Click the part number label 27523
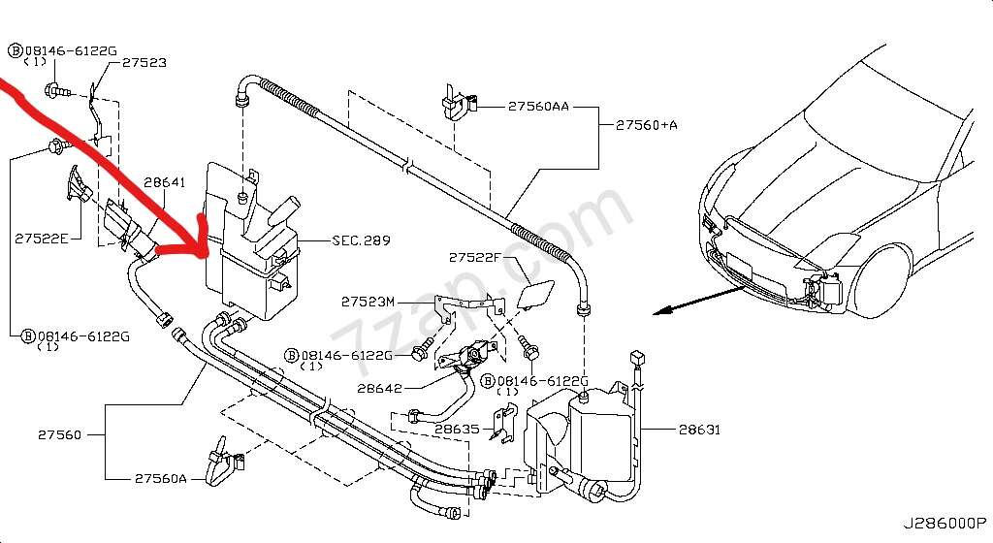pos(144,63)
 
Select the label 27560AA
pos(538,107)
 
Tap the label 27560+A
pos(648,125)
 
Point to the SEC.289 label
pos(361,240)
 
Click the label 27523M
pos(368,302)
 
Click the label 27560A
pos(162,478)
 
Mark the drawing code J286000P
pos(945,524)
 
